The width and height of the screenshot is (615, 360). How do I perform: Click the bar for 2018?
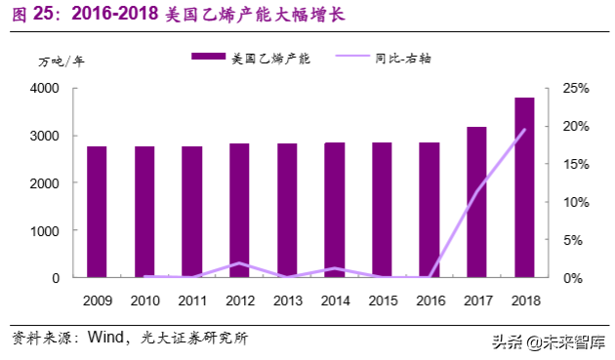coord(524,187)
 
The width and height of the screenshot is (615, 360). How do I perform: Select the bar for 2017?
coord(476,202)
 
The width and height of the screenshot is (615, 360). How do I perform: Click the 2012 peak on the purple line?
coord(239,263)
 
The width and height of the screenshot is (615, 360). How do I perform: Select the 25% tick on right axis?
coord(575,89)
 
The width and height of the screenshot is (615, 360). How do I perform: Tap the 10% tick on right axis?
coord(575,202)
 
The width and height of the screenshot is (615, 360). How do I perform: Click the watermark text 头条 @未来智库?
coord(547,341)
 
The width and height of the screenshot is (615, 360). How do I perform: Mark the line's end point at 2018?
coord(524,130)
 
